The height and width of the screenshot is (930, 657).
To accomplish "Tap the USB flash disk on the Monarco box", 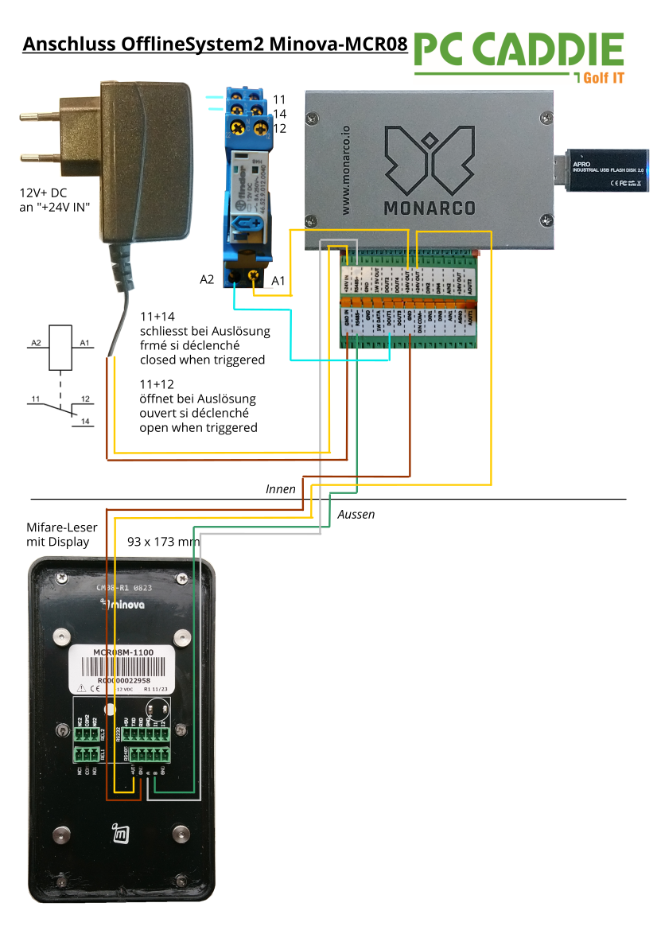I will pyautogui.click(x=606, y=169).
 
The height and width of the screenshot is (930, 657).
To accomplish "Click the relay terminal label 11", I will pyautogui.click(x=278, y=99).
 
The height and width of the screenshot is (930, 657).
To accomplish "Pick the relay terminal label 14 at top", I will pyautogui.click(x=278, y=114).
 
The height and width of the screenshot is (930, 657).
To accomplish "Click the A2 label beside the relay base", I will pyautogui.click(x=207, y=280).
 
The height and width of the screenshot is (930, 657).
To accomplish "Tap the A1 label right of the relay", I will pyautogui.click(x=278, y=281).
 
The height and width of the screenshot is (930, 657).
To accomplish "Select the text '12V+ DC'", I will pyautogui.click(x=45, y=193).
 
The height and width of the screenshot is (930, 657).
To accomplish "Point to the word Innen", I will pyautogui.click(x=281, y=489).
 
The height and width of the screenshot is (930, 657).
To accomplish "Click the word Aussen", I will pyautogui.click(x=356, y=515).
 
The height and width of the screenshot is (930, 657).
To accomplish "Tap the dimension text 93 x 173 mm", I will pyautogui.click(x=164, y=542).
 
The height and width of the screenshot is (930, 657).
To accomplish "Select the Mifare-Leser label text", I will pyautogui.click(x=61, y=527).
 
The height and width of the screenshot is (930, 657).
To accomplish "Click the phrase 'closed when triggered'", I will pyautogui.click(x=202, y=360).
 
